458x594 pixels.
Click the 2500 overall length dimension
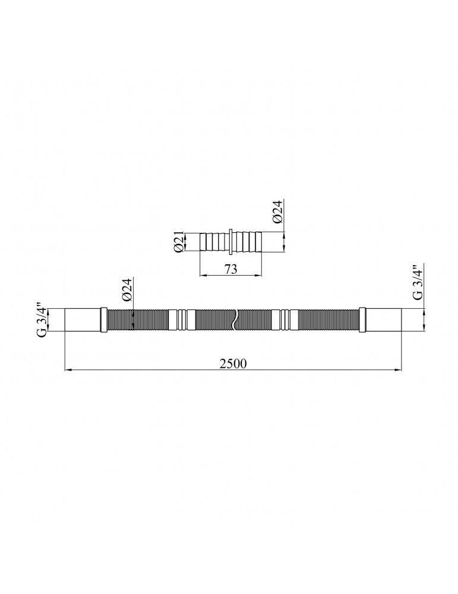[233, 364]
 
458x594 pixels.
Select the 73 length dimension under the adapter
[230, 269]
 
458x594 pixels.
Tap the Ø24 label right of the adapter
[277, 212]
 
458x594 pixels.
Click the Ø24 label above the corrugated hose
[127, 289]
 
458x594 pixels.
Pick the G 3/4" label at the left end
[42, 319]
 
